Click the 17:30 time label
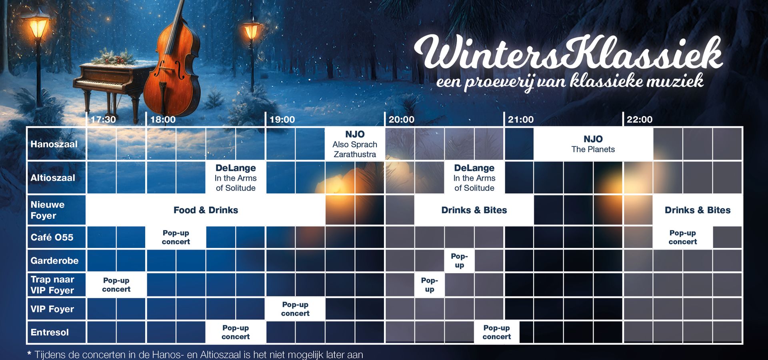pos(103,119)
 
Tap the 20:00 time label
pos(402,119)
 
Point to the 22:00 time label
pos(640,119)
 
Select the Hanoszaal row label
pos(54,144)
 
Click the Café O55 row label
pos(52,237)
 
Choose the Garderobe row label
pos(54,260)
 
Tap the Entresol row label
pos(50,332)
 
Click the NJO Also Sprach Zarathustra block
pos(355,144)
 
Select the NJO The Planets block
pos(593,144)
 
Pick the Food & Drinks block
pos(206,210)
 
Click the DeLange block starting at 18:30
pos(236,178)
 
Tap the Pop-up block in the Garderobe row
pos(459,260)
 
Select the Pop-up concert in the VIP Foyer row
pos(295,309)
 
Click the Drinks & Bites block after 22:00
pos(698,210)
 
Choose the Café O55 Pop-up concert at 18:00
pos(176,237)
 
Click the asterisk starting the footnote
pos(29,354)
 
